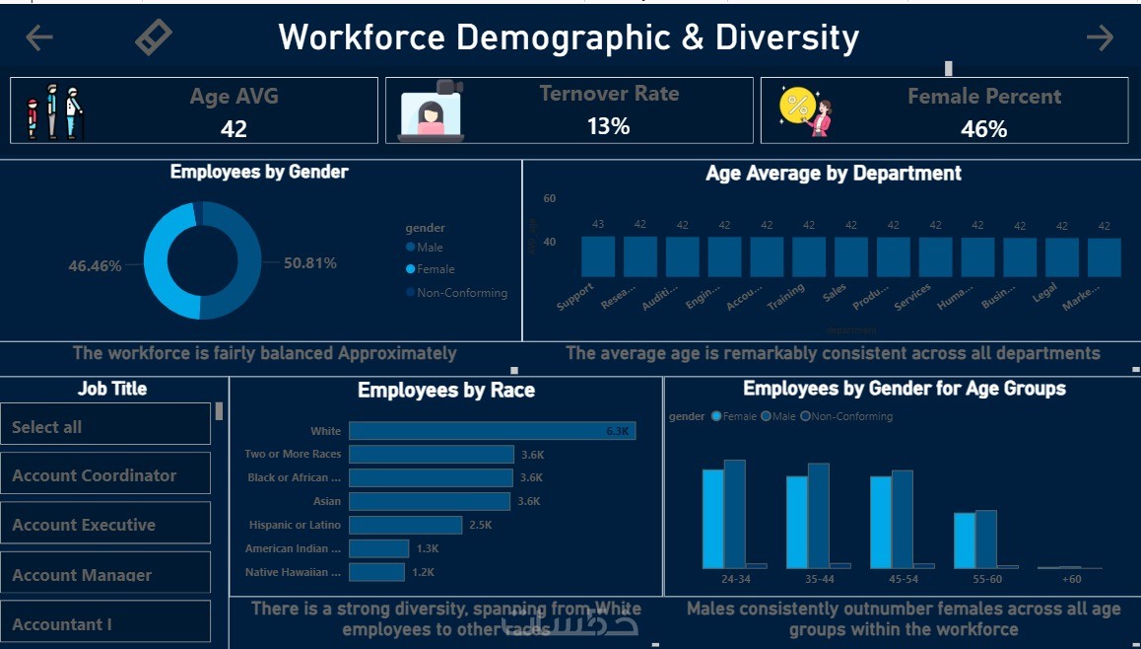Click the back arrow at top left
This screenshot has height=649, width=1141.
tap(39, 37)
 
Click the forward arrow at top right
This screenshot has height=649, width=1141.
tap(1100, 37)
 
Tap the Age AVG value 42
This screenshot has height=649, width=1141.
tap(234, 128)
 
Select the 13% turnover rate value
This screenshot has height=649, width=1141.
tap(608, 126)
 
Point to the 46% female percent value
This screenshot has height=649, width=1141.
tap(983, 129)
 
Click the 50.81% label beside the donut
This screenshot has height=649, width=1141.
tap(310, 263)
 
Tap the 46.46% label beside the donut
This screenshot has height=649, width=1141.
tap(95, 266)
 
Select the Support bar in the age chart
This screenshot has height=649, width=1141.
tap(598, 256)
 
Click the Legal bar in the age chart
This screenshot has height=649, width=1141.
tap(1062, 256)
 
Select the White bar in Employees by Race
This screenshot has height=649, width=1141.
tap(492, 431)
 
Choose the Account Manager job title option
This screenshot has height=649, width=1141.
tap(105, 574)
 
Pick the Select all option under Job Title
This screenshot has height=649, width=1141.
tap(105, 426)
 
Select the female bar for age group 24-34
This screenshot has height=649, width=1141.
tap(712, 518)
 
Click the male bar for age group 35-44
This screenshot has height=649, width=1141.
tap(818, 515)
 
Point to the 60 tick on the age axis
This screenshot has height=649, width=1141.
tap(550, 198)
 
